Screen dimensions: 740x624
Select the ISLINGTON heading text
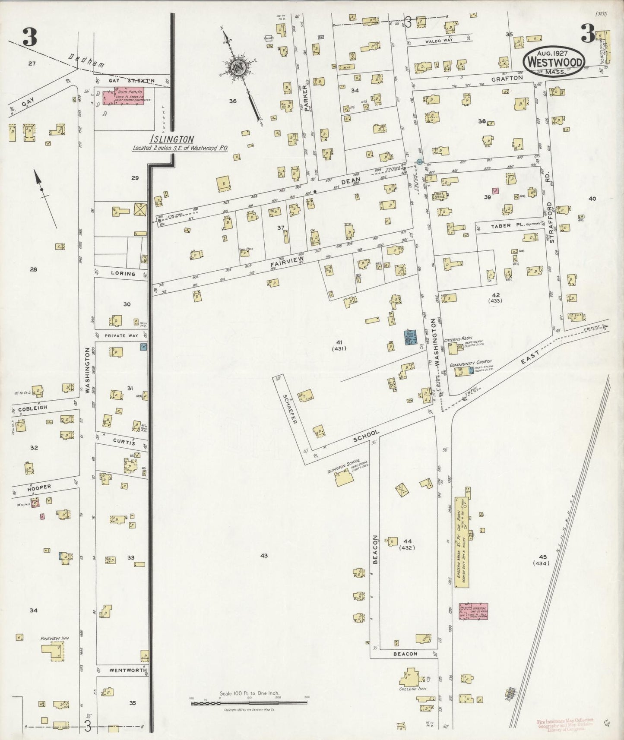(172, 139)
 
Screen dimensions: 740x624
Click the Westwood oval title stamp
(554, 62)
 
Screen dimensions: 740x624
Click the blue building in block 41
(409, 337)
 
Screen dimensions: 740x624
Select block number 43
(264, 556)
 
